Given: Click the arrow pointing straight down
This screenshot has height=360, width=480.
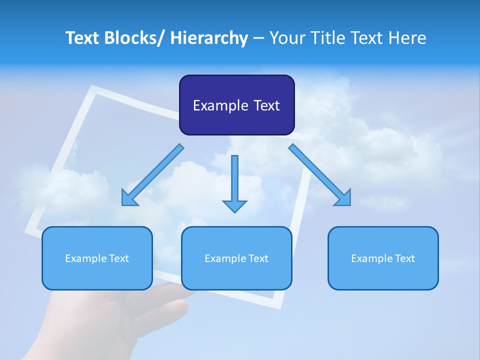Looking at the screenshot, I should (234, 182).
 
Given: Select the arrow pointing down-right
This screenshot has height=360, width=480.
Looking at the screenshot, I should (320, 175).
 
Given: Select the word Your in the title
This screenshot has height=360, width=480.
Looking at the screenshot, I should (286, 38).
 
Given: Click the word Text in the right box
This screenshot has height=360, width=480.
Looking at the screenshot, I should (404, 258).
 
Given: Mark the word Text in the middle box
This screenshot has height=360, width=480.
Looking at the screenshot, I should (258, 258).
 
